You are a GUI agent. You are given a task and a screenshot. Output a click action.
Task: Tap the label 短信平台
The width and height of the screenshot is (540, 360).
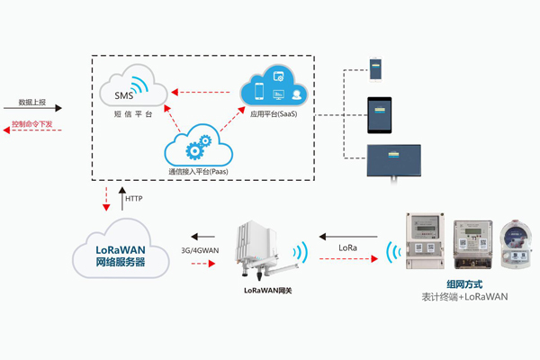point(133,115)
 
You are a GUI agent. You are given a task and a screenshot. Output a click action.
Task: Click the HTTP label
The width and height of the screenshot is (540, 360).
point(133,198)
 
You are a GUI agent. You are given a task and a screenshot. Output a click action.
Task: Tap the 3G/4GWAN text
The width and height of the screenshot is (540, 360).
point(199,248)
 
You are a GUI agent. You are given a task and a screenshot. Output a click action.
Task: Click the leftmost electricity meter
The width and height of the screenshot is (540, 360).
point(427,241)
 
